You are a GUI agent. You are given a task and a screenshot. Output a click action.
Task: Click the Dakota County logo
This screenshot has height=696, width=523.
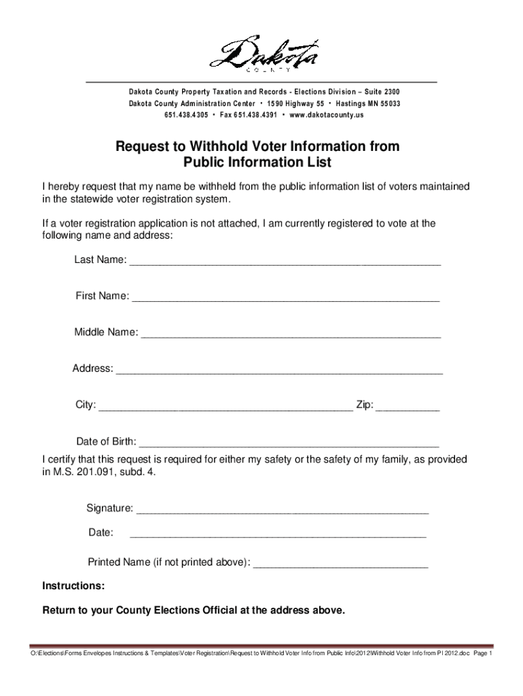262,54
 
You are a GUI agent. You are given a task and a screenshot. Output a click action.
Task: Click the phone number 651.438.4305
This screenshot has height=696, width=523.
185,115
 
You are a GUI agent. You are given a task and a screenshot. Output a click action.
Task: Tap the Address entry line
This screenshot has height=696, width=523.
279,372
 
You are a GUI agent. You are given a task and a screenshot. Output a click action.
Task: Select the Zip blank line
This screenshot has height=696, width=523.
408,408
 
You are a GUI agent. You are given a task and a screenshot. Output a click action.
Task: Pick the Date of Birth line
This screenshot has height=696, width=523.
289,444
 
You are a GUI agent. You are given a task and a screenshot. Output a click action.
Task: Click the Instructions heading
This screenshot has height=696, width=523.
73,586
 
